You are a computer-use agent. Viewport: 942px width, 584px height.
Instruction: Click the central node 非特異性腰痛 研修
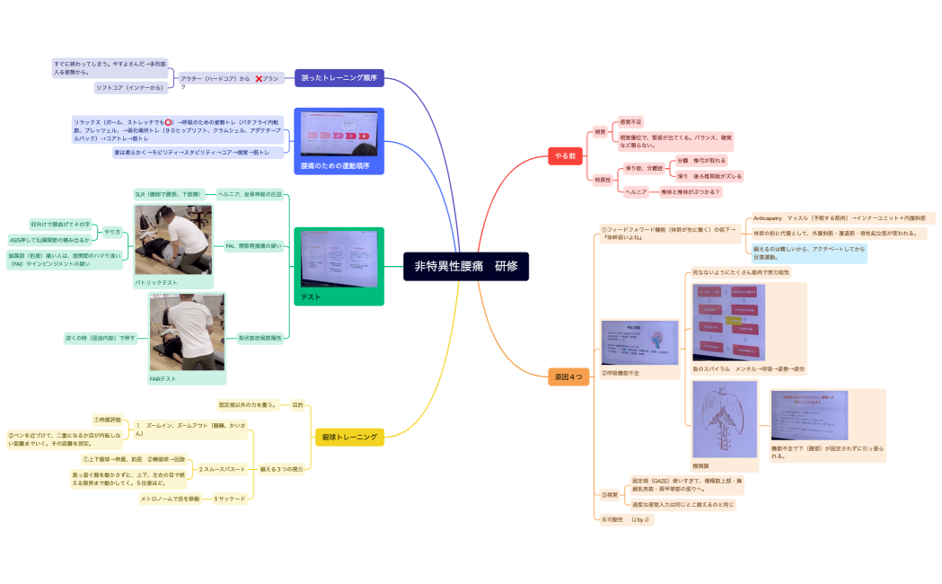pyautogui.click(x=466, y=266)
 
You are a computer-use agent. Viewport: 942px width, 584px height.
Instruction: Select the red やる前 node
pyautogui.click(x=567, y=156)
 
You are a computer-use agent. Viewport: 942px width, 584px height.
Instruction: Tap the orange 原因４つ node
pyautogui.click(x=568, y=377)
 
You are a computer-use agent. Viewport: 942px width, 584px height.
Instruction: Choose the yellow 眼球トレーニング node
pyautogui.click(x=349, y=438)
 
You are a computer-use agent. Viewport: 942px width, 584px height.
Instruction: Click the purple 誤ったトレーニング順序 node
pyautogui.click(x=339, y=78)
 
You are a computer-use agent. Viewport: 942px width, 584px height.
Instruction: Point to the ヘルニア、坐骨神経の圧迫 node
pyautogui.click(x=250, y=193)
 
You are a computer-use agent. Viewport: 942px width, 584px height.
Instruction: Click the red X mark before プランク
pyautogui.click(x=259, y=79)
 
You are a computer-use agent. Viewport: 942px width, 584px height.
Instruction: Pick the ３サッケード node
pyautogui.click(x=229, y=499)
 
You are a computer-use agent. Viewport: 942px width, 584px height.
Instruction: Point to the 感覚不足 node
pyautogui.click(x=630, y=121)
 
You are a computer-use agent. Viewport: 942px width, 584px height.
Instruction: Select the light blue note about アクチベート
pyautogui.click(x=809, y=252)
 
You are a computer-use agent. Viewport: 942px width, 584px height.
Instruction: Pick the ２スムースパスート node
pyautogui.click(x=222, y=469)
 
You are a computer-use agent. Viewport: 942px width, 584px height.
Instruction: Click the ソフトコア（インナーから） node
pyautogui.click(x=131, y=87)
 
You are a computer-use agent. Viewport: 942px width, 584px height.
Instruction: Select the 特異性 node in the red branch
pyautogui.click(x=603, y=180)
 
